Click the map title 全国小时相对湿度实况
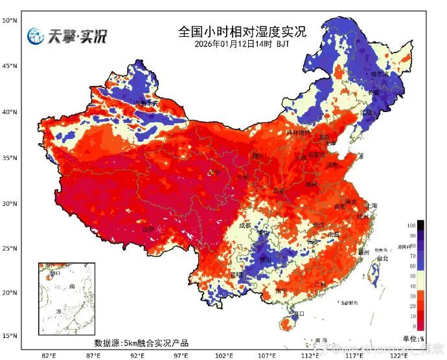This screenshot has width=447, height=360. coord(241,31)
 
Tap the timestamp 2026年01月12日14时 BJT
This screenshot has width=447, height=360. coord(241,44)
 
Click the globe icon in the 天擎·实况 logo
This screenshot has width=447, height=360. coord(35,37)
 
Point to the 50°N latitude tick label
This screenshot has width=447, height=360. coord(8,21)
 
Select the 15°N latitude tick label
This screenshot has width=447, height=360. coord(8,335)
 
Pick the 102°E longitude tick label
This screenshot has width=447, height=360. coord(224,355)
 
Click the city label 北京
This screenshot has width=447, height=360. coord(324,137)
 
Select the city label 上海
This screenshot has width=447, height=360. coord(371,205)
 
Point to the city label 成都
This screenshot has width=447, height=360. coord(244,226)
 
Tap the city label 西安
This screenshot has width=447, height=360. coord(279,191)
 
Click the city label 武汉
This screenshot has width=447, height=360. coord(317,225)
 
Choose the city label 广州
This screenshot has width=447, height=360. coord(319,284)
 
